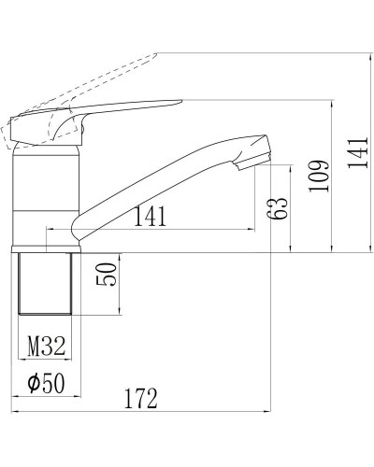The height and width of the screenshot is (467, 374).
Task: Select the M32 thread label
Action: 45,347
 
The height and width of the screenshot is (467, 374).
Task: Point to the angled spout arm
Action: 159,182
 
